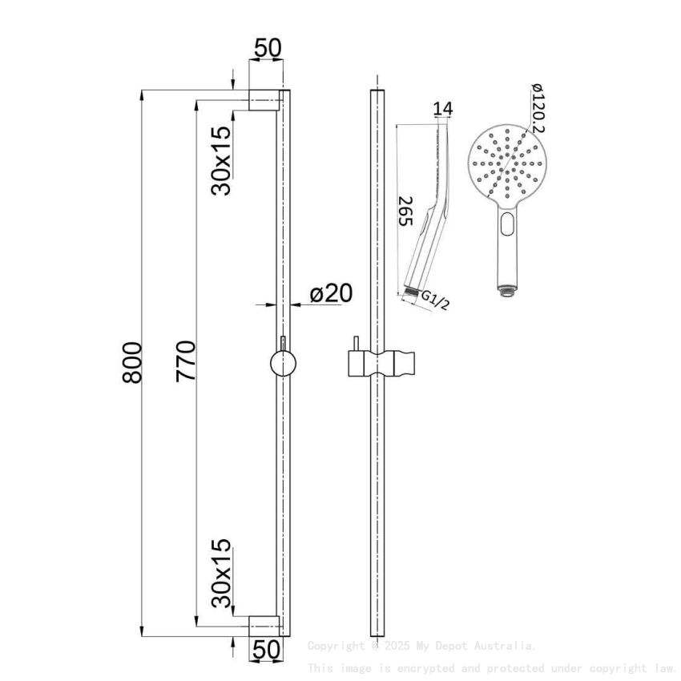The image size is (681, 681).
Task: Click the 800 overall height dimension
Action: [x=132, y=362]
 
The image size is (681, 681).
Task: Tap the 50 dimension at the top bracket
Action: [x=268, y=48]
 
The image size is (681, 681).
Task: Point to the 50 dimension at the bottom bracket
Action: [x=268, y=649]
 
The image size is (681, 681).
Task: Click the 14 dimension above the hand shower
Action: [x=442, y=109]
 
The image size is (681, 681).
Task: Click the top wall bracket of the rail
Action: [x=265, y=100]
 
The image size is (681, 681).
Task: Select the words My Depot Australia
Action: [x=490, y=646]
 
